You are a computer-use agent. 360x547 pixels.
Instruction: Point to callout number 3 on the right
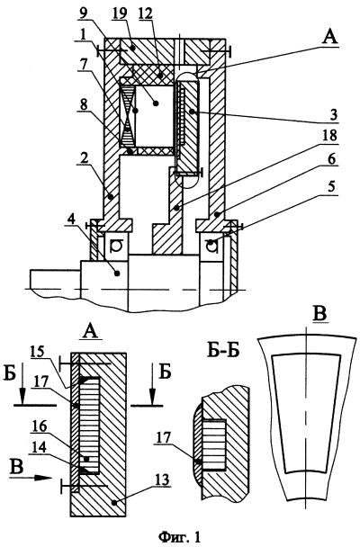tap(334, 115)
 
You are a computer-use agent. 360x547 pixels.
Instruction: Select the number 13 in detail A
tap(162, 480)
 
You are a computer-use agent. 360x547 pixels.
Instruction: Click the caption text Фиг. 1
tap(180, 536)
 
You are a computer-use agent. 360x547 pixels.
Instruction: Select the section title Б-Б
tap(223, 351)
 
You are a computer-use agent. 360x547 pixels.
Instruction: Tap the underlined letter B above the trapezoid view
tap(320, 313)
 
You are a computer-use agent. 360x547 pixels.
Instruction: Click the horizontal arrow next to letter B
tap(31, 478)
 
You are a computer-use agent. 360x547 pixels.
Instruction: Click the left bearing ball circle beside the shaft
tap(115, 247)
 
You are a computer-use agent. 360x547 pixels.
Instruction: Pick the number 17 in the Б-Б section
tap(161, 438)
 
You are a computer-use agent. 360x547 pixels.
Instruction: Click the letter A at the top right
tap(329, 37)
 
